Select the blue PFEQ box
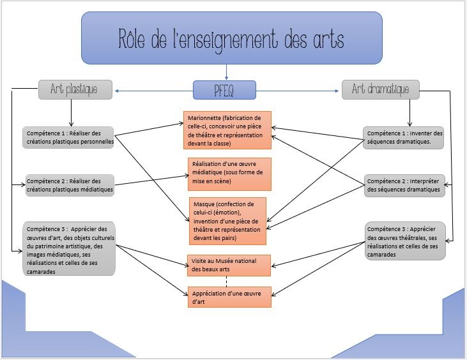pos(224,90)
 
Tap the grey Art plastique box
pos(75,89)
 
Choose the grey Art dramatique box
pos(380,89)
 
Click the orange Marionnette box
pos(227,130)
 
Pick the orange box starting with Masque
pos(227,221)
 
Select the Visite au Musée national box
pos(227,265)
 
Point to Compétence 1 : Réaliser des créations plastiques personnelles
pos(68,137)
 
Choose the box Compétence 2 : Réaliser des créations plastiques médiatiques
pos(69,184)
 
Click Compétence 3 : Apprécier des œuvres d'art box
pos(69,248)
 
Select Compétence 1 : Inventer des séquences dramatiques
pos(404,137)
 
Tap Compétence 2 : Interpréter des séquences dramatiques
pos(404,184)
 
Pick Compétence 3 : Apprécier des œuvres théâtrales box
pos(405,241)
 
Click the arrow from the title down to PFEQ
pos(227,72)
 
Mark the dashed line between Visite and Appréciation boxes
pos(227,281)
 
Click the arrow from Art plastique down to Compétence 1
pos(72,111)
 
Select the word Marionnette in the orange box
pos(206,118)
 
